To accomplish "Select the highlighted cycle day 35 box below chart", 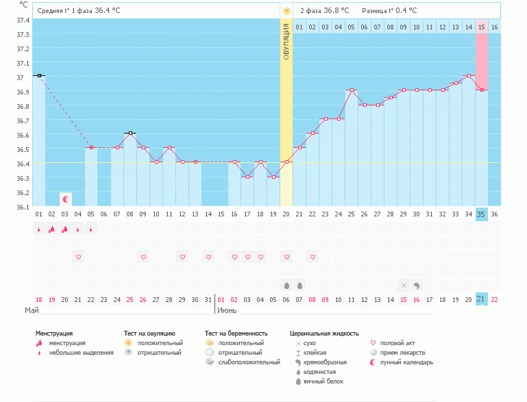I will [481, 214].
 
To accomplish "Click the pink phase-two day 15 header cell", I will [481, 27].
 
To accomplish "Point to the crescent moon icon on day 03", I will [66, 199].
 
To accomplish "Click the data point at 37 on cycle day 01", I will [39, 75].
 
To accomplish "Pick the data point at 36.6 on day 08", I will [130, 133].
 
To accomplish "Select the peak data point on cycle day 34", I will [468, 75].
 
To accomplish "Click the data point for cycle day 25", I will [352, 90].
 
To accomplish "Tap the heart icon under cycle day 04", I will [78, 257].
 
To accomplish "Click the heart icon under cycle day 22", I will [312, 257].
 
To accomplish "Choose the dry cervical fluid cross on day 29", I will [404, 285].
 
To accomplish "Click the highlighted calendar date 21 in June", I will [481, 299].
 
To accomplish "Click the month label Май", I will [32, 310].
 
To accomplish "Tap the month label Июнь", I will [228, 310].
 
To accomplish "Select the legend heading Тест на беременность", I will [236, 333].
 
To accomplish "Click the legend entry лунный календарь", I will [407, 362].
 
